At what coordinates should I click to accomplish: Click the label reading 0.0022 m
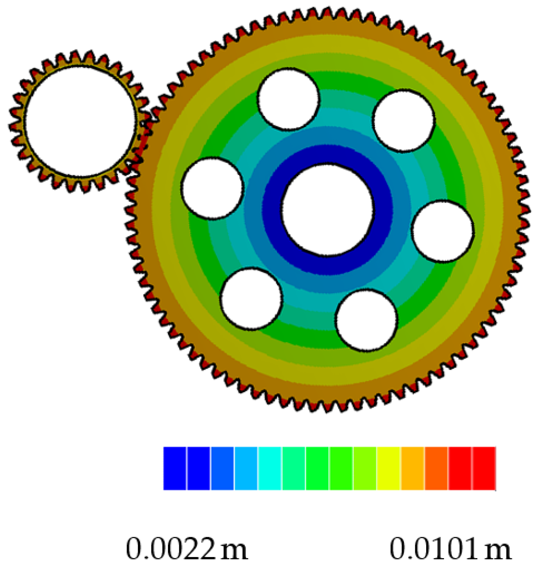pyautogui.click(x=186, y=549)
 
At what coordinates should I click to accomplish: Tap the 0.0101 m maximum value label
pyautogui.click(x=450, y=549)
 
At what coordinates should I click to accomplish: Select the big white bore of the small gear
pyautogui.click(x=80, y=121)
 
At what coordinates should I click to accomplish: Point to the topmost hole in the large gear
pyautogui.click(x=288, y=99)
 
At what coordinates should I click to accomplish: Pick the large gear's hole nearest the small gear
pyautogui.click(x=212, y=188)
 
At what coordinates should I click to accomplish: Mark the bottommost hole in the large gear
pyautogui.click(x=367, y=320)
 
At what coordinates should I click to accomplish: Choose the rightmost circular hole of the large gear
pyautogui.click(x=442, y=231)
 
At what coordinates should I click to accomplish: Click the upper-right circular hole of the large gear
pyautogui.click(x=404, y=120)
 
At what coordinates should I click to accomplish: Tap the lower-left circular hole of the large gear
pyautogui.click(x=251, y=298)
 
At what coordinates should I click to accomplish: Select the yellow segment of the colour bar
pyautogui.click(x=388, y=468)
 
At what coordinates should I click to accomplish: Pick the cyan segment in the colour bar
pyautogui.click(x=270, y=468)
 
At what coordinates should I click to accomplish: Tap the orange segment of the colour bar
pyautogui.click(x=436, y=468)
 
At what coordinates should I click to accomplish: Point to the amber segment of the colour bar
pyautogui.click(x=412, y=468)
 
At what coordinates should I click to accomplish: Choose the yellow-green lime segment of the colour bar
pyautogui.click(x=364, y=468)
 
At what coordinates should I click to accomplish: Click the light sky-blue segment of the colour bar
pyautogui.click(x=246, y=468)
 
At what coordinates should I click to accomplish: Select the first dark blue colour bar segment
pyautogui.click(x=175, y=468)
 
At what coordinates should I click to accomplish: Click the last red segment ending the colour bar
pyautogui.click(x=484, y=468)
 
